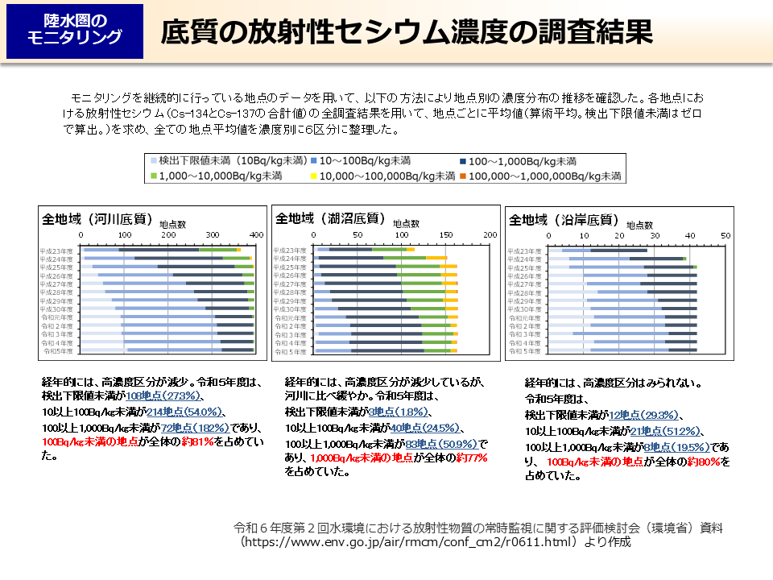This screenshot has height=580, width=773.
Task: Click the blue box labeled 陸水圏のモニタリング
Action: coord(74,31)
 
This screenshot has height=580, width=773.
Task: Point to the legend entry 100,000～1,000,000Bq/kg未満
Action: coord(539,175)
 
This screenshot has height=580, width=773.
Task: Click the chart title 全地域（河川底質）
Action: coord(97,218)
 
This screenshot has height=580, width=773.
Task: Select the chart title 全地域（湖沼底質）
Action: coord(330,217)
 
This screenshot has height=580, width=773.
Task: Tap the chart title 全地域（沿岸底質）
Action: coord(564,219)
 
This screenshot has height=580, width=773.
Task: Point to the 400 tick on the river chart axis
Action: coord(255,234)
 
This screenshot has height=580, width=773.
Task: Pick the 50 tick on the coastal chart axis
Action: coord(725,235)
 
